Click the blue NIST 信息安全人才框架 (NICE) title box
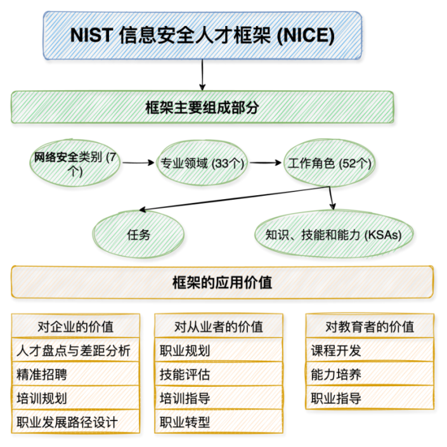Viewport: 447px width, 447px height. point(202,36)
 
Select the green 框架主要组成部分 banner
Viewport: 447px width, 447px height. point(202,107)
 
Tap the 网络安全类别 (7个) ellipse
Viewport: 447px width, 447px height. point(75,162)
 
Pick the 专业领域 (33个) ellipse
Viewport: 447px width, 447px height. point(201,162)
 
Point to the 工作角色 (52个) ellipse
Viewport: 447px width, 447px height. point(329,162)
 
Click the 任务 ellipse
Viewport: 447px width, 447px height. point(138,235)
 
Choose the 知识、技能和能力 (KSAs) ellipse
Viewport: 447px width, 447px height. point(334,235)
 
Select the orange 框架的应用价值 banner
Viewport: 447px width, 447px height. point(222,282)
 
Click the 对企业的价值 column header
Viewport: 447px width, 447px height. point(75,326)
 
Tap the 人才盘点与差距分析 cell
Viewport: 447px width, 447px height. point(75,350)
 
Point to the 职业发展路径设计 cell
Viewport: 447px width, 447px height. point(75,422)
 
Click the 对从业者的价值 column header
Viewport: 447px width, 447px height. point(219,326)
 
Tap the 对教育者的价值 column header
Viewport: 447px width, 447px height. point(370,326)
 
